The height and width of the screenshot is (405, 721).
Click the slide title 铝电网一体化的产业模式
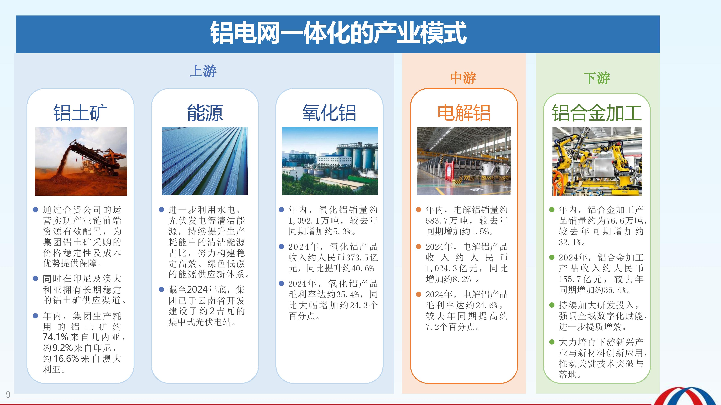click(338, 33)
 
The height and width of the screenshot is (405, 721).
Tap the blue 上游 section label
click(203, 71)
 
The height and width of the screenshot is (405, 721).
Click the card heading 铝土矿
click(80, 113)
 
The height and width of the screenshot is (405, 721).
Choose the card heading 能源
click(205, 113)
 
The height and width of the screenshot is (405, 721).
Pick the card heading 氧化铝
click(329, 113)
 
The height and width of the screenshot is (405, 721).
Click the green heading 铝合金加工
click(597, 113)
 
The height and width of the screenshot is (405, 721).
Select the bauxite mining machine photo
click(81, 161)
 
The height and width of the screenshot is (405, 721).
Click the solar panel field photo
click(205, 161)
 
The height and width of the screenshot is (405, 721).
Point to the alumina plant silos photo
click(330, 161)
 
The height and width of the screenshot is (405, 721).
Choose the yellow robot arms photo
click(597, 161)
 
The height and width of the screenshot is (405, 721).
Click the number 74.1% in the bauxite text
click(55, 337)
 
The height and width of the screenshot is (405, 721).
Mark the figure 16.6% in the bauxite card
click(66, 359)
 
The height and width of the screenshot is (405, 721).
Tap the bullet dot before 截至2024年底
click(161, 289)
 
